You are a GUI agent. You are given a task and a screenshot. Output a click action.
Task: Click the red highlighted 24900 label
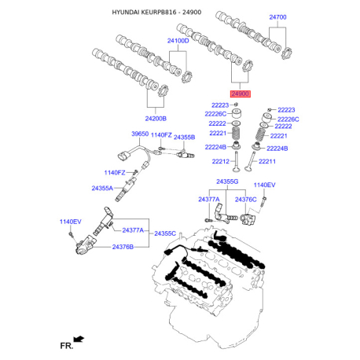241,94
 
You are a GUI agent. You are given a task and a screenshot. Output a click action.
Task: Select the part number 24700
277,17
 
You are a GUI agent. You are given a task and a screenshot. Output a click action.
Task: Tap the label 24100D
178,41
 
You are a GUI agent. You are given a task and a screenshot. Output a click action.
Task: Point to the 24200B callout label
156,119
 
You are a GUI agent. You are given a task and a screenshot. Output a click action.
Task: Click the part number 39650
140,134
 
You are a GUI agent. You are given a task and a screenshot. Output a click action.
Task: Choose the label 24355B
184,138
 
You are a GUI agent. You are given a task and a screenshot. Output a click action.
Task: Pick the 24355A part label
102,188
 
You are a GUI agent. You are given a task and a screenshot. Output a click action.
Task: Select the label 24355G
227,182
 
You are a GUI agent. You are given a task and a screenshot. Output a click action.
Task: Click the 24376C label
246,200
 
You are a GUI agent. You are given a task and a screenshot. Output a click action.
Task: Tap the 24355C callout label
165,233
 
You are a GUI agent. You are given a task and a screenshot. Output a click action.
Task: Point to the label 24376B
123,247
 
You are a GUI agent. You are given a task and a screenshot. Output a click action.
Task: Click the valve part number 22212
221,161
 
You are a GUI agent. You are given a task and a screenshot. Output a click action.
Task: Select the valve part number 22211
267,161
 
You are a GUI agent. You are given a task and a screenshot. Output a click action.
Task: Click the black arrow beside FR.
79,339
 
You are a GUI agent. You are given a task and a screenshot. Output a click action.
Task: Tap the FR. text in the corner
67,346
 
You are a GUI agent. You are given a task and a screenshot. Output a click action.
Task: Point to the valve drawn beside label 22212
237,162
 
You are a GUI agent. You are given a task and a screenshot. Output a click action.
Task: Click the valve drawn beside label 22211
250,161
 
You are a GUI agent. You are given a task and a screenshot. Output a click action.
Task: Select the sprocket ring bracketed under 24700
286,53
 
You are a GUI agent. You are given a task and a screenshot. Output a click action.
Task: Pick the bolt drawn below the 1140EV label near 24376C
263,203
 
